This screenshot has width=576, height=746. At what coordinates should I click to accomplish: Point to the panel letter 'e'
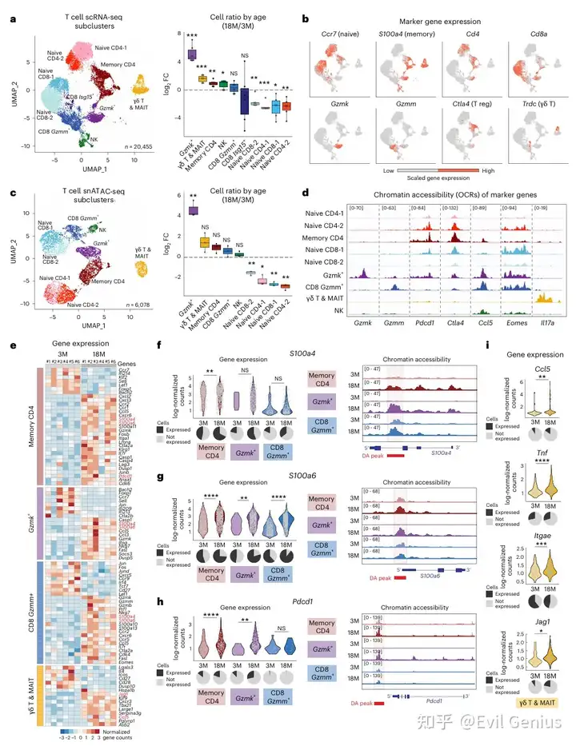click(x=11, y=345)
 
